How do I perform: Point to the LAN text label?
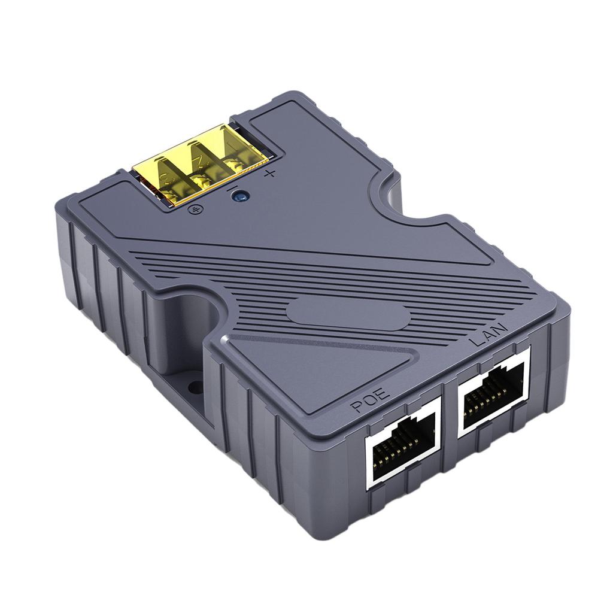(x=489, y=333)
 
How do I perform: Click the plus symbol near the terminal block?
(x=269, y=174)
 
